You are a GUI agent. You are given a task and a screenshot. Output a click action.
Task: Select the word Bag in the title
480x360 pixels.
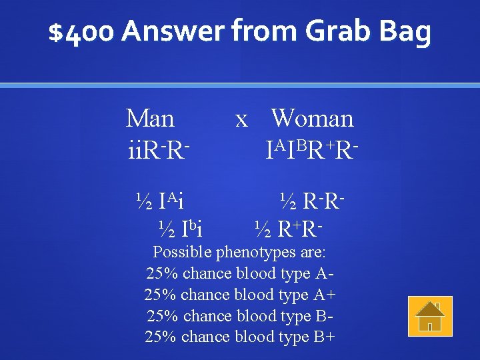[x=405, y=32]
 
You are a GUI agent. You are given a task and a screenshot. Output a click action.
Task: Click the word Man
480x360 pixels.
[x=150, y=119]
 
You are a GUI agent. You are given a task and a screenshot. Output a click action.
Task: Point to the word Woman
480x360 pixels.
[x=312, y=119]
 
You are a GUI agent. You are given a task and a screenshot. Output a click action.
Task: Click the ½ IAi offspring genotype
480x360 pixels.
[x=160, y=199]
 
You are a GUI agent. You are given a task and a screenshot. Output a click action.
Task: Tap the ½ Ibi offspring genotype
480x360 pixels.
[x=180, y=229]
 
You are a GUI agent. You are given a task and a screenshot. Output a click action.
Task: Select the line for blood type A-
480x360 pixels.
[x=239, y=273]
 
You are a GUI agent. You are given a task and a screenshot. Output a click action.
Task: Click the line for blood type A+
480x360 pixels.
[x=239, y=295]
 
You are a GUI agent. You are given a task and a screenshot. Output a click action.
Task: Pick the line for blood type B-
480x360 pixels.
[x=239, y=316]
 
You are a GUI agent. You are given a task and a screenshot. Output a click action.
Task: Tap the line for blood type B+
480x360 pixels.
[x=239, y=337]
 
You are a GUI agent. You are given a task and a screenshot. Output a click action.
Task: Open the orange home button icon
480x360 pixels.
[x=430, y=316]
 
